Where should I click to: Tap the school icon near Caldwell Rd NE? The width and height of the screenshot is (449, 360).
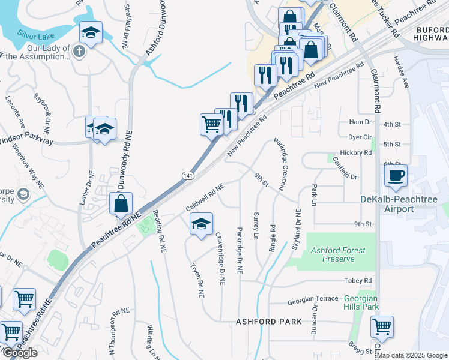pos(201,224)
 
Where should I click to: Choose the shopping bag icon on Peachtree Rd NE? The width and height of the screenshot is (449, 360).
pos(121,203)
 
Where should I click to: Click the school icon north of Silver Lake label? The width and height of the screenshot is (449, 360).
pos(91,32)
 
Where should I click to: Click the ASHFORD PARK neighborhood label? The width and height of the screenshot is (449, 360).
pos(268,322)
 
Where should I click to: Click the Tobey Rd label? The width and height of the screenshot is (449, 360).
pos(358,281)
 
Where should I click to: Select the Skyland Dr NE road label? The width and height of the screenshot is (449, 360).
pos(297,229)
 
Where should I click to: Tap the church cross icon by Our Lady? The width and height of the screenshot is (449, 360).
pos(79,51)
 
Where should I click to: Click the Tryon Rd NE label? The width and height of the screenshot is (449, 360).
pos(197,280)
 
